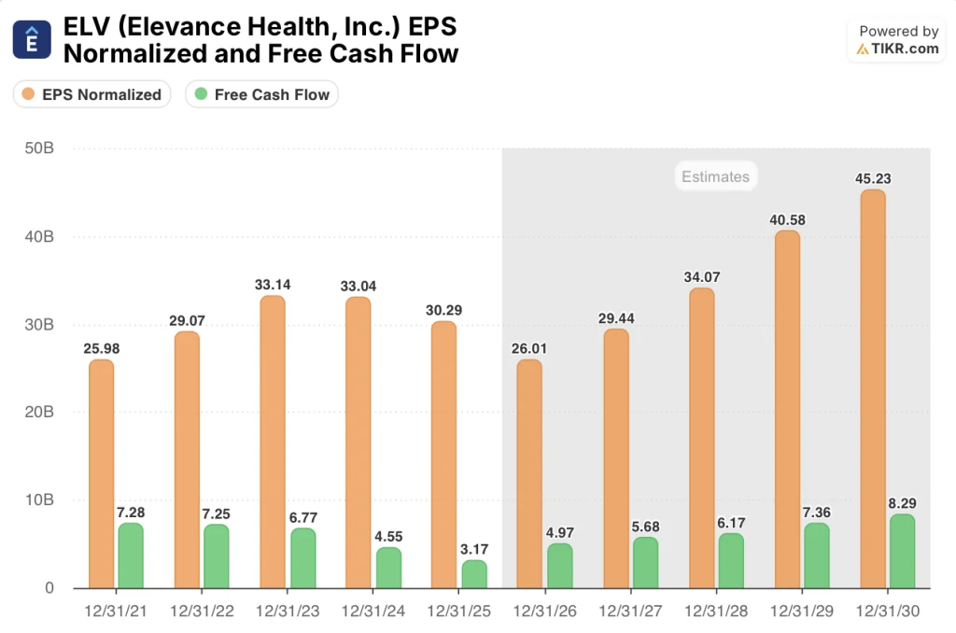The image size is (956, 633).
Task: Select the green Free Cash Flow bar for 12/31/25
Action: point(474,574)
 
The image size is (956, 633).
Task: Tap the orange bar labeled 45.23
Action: point(872,388)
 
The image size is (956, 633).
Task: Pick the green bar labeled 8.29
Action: point(902,551)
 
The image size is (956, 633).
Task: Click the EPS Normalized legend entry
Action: point(91,94)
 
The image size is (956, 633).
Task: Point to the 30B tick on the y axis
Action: point(38,325)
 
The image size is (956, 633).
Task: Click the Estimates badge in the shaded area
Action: point(715,176)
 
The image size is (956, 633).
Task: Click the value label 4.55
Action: point(389,537)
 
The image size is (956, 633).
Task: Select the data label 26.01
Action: point(529,349)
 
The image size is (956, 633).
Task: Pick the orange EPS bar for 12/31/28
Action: point(701,438)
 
